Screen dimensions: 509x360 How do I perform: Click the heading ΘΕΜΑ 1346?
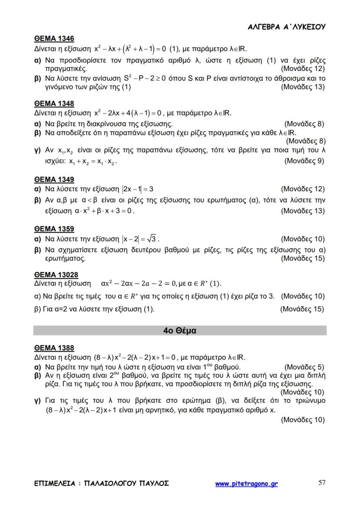click(x=54, y=39)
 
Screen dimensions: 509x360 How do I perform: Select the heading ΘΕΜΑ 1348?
click(x=54, y=103)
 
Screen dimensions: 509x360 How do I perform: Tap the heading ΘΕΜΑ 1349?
click(x=54, y=179)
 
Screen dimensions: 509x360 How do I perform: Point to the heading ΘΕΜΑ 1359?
click(x=54, y=229)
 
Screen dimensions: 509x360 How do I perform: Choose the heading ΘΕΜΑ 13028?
click(x=56, y=275)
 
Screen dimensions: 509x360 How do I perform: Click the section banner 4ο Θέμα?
click(x=180, y=330)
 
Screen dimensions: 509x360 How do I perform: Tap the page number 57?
click(x=322, y=483)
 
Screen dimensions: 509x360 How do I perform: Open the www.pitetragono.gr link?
click(x=246, y=483)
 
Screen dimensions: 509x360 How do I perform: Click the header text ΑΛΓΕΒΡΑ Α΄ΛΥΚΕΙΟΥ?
click(x=287, y=27)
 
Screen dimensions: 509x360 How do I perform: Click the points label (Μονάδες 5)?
click(x=304, y=366)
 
